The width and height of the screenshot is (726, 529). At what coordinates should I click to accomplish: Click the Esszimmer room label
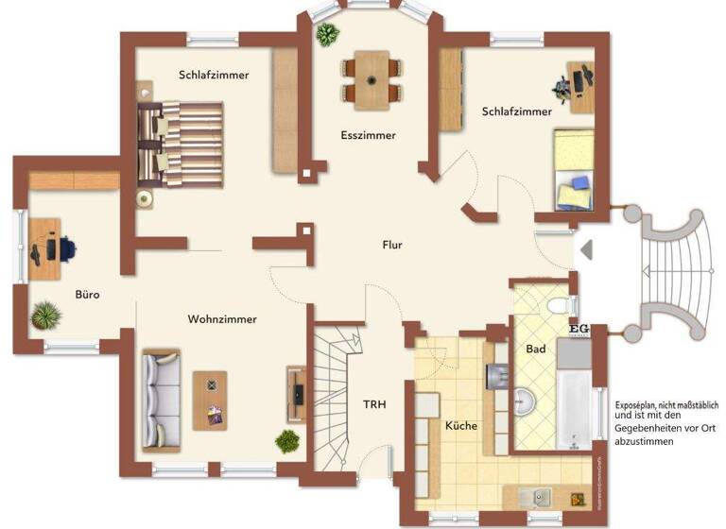tap(369, 135)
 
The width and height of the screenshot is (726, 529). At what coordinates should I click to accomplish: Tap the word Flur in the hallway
tap(392, 245)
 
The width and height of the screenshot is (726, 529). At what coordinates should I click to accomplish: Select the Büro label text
tap(88, 294)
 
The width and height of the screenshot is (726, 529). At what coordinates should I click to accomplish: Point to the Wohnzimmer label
tap(222, 318)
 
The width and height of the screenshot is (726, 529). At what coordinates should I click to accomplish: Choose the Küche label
tap(461, 425)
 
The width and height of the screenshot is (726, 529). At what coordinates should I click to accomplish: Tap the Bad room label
tap(536, 349)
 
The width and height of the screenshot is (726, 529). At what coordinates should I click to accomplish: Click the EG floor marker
tap(579, 328)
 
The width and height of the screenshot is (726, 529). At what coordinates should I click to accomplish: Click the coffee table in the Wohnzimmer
tap(210, 400)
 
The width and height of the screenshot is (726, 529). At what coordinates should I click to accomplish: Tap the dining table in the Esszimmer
tap(371, 79)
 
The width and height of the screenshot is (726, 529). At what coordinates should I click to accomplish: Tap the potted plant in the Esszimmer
tap(327, 36)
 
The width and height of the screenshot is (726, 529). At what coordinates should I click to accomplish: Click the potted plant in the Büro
tap(44, 315)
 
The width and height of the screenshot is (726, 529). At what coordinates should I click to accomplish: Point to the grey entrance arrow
tap(585, 249)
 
